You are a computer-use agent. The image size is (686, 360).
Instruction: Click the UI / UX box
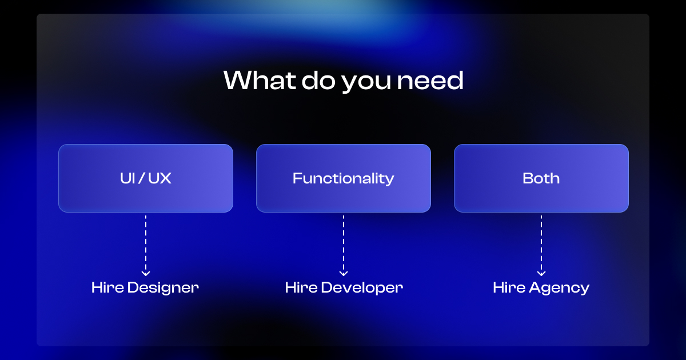(x=146, y=178)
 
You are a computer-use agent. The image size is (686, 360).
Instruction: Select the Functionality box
(x=344, y=178)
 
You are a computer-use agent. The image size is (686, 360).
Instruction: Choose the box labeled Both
(x=541, y=178)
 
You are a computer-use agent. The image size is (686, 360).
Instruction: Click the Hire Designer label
(x=145, y=287)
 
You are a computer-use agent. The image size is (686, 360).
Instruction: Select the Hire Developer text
(x=344, y=287)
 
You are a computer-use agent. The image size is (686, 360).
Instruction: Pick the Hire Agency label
(x=541, y=287)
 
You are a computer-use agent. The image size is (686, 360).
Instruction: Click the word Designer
(x=163, y=287)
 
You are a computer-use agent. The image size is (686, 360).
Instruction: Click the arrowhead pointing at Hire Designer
(x=146, y=273)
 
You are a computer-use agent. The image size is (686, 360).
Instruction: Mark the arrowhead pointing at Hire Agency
(x=541, y=273)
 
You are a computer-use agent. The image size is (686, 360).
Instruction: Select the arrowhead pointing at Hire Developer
(x=344, y=273)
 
